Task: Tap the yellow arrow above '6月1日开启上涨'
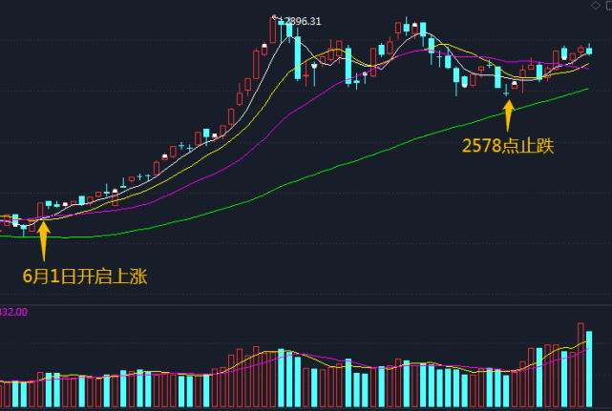pyautogui.click(x=43, y=238)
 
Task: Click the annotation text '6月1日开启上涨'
pyautogui.click(x=85, y=277)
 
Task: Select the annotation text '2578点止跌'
pyautogui.click(x=507, y=146)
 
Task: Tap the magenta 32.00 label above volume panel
pyautogui.click(x=14, y=312)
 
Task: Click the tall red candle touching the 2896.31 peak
pyautogui.click(x=275, y=30)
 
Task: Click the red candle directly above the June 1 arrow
pyautogui.click(x=40, y=210)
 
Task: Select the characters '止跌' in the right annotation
pyautogui.click(x=536, y=146)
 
